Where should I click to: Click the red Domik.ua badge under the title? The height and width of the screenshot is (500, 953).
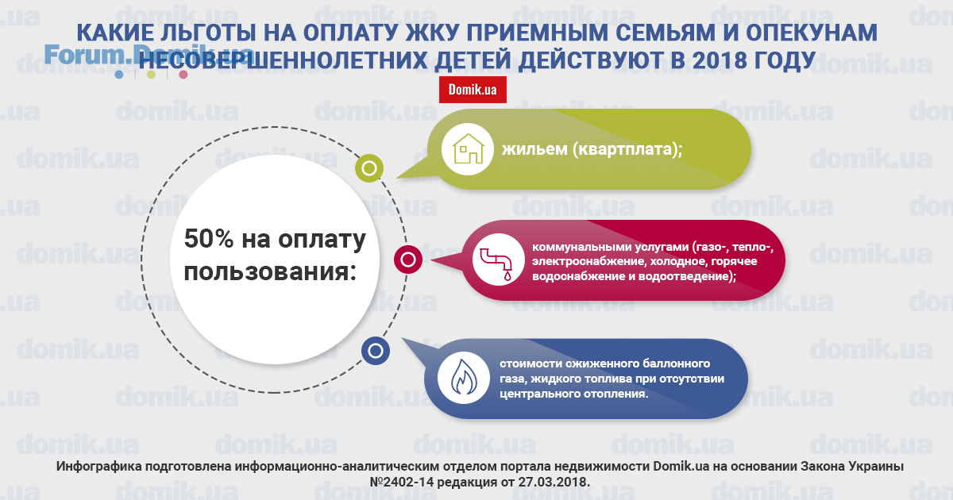pos(473,90)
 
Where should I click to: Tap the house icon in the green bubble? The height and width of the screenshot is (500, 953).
pos(468,149)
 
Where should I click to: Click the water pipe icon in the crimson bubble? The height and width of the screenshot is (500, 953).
pos(497,264)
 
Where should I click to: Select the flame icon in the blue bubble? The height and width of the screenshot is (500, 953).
pos(464,377)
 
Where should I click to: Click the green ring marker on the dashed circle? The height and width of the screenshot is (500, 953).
pos(369,168)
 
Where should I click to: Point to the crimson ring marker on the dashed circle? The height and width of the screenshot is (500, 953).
pos(408,260)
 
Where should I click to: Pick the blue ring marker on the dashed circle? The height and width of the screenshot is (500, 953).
pos(375,351)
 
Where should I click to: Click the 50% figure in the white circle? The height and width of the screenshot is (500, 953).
pos(209,239)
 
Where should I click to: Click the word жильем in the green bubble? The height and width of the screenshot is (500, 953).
pos(534,149)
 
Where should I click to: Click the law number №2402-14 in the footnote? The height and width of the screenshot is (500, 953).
pos(402,483)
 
